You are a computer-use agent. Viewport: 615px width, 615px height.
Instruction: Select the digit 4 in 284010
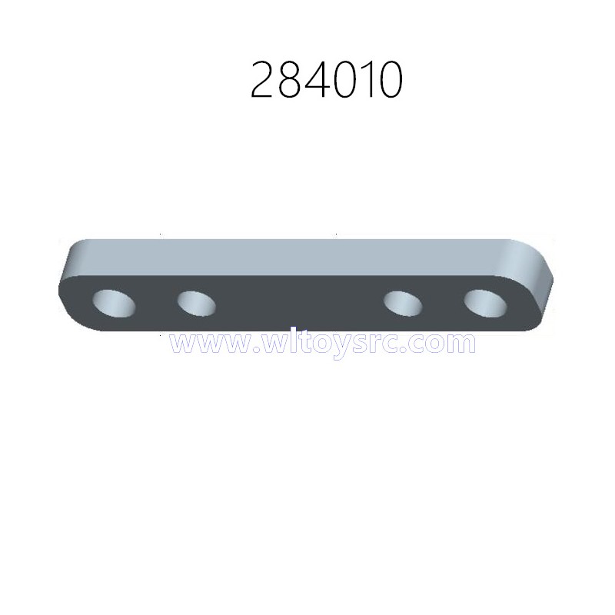point(316,80)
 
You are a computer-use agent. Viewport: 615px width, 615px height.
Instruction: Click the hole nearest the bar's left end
point(114,304)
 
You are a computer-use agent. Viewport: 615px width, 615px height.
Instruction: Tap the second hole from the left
point(196,304)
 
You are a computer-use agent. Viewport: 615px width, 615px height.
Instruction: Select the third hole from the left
point(403,304)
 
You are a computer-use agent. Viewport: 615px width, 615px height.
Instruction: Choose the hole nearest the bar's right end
point(485,304)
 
